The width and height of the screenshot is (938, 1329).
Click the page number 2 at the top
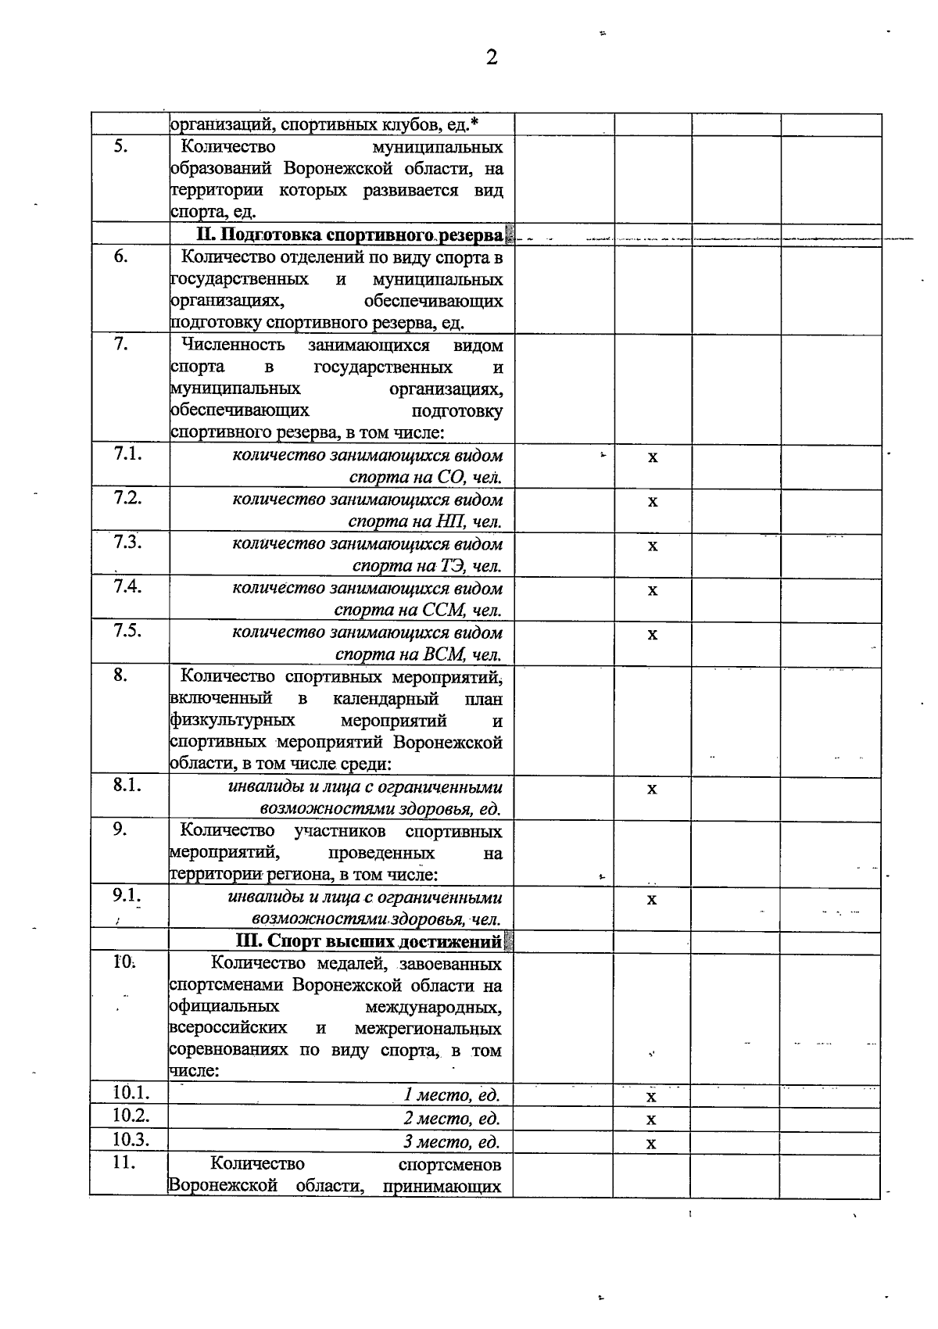[492, 57]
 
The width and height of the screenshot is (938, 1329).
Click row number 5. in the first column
[120, 146]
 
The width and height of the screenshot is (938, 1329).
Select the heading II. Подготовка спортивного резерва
[349, 235]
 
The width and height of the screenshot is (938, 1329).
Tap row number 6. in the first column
[120, 256]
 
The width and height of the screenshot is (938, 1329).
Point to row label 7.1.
[127, 454]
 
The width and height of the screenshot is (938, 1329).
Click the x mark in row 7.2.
[653, 501]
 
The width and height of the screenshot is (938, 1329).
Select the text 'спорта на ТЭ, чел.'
[427, 565]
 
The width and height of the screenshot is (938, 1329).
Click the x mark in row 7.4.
[653, 589]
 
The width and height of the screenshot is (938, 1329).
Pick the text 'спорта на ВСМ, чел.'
[418, 654]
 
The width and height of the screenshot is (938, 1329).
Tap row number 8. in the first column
[120, 675]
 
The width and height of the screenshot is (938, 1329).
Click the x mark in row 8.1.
[652, 788]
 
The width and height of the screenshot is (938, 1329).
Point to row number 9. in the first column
[120, 830]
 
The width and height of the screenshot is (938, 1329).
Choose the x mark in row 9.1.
[652, 899]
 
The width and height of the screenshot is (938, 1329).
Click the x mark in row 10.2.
[651, 1119]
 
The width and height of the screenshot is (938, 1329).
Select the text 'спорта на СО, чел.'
[425, 477]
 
